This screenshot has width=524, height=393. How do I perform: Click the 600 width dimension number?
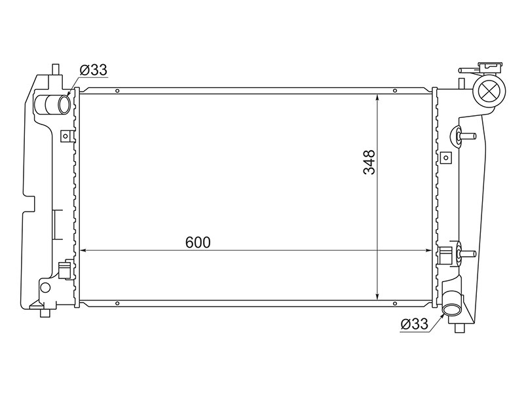coord(198,242)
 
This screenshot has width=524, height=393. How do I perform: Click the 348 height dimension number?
coord(369,162)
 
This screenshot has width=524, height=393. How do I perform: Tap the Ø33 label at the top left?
coord(94,70)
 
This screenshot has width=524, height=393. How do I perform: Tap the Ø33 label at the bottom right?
coord(415,324)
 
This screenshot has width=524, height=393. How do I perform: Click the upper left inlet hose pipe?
coord(53,104)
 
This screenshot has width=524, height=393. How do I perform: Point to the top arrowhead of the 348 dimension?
coord(377,97)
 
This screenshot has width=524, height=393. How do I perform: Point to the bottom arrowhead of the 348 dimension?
coord(377,296)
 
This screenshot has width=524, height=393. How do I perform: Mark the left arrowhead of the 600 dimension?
coord(84,250)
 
